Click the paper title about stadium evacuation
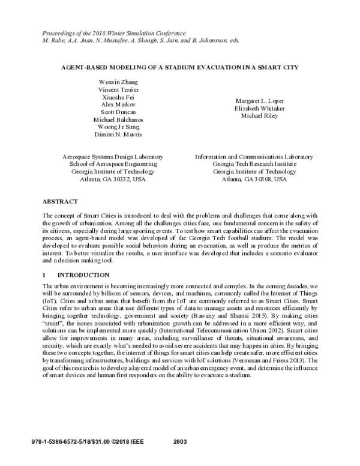point(179,67)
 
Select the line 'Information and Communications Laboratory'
point(254,156)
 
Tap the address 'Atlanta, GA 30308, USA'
point(254,179)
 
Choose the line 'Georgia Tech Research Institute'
point(254,163)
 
